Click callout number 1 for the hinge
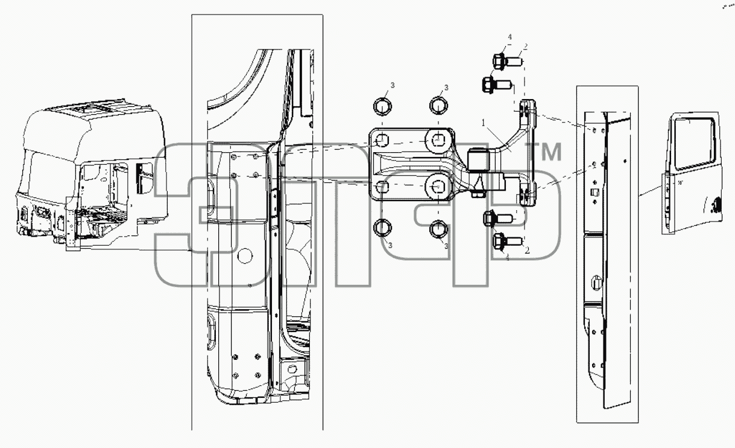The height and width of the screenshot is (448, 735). pyautogui.click(x=484, y=123)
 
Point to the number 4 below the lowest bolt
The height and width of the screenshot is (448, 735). pyautogui.click(x=507, y=258)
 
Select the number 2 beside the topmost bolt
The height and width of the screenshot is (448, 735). pyautogui.click(x=525, y=47)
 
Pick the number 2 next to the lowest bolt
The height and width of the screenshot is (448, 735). pyautogui.click(x=527, y=251)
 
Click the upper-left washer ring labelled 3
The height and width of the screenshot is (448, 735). pyautogui.click(x=383, y=106)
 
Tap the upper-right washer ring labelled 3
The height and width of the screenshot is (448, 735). pyautogui.click(x=439, y=106)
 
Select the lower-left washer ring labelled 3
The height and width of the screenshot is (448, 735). pyautogui.click(x=383, y=228)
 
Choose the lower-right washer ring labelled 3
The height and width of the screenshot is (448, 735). pyautogui.click(x=438, y=229)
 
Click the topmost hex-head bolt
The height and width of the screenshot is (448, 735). pyautogui.click(x=508, y=62)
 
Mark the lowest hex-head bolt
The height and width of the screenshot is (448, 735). pyautogui.click(x=508, y=242)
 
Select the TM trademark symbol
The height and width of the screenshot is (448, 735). pyautogui.click(x=543, y=152)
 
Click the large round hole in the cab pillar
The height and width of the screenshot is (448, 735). pyautogui.click(x=244, y=256)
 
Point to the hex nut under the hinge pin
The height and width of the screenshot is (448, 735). pyautogui.click(x=479, y=194)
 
